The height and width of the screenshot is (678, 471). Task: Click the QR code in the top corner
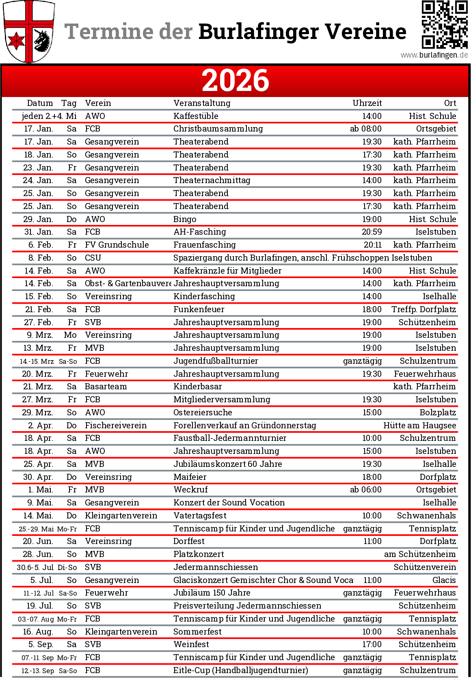445,24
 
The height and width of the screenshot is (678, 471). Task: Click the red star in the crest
17,41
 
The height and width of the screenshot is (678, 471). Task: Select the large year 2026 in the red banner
235,80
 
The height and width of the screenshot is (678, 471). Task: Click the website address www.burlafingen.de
434,55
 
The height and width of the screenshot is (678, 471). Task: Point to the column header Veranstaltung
202,103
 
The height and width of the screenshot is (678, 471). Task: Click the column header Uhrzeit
367,103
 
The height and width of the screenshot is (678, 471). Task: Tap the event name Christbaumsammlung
218,129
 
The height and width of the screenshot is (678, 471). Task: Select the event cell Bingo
185,219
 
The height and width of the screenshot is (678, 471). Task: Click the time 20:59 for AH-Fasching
372,232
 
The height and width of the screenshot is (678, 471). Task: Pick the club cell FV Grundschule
117,245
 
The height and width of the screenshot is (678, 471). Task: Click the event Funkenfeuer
199,309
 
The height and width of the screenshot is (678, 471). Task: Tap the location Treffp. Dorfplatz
423,309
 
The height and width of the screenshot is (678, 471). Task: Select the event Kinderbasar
197,387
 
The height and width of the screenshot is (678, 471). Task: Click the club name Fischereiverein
116,425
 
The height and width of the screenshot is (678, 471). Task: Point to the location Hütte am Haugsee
419,425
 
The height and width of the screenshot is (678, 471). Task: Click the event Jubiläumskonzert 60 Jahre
227,464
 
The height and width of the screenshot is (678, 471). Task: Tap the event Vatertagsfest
200,516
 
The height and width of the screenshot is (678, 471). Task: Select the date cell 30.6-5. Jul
35,567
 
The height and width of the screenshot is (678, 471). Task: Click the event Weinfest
191,644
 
